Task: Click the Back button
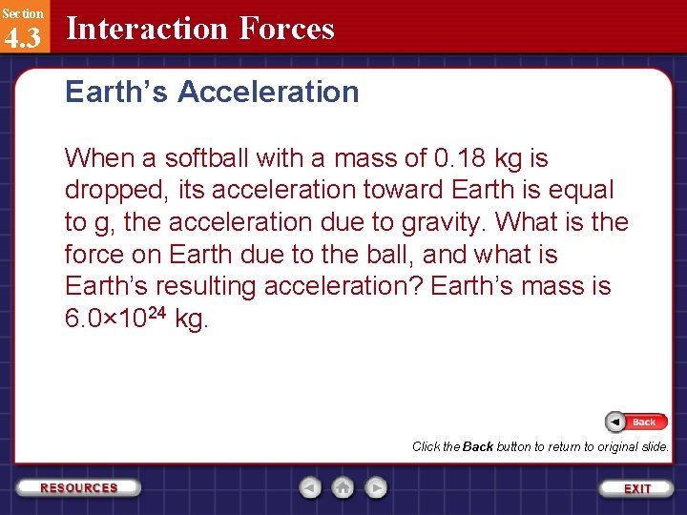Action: [636, 422]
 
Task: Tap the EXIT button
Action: [636, 488]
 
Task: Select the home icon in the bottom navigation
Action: [343, 488]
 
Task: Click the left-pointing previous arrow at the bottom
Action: [310, 488]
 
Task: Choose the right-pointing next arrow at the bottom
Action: [377, 488]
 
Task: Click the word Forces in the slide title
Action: [286, 29]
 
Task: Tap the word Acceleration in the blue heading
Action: [268, 93]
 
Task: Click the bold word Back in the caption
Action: [478, 446]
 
